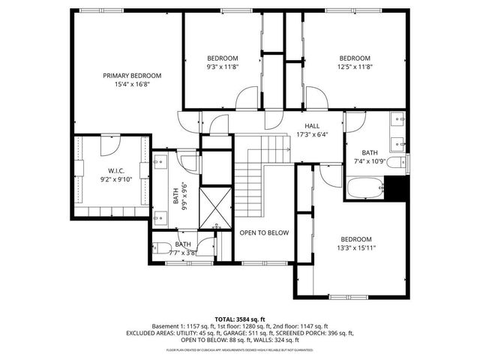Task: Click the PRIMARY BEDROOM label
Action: pos(132,75)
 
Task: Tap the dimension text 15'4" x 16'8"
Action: pos(132,85)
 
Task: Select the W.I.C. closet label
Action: pos(115,169)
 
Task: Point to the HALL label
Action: pos(312,126)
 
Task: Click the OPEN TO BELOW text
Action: pos(264,232)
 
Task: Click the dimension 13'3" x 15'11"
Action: pos(355,247)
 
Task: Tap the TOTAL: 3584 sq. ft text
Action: pos(239,319)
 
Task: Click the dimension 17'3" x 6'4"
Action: pos(312,135)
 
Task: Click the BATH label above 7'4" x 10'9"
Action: pos(369,152)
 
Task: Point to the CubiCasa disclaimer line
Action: pos(239,350)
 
